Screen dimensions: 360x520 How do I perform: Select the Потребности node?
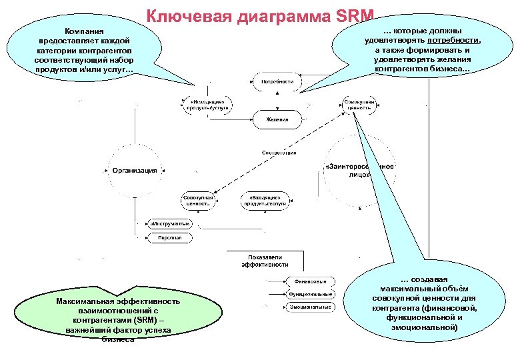click(x=277, y=82)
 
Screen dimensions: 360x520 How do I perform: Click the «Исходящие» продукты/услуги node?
click(x=207, y=105)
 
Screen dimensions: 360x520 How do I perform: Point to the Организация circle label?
click(x=135, y=171)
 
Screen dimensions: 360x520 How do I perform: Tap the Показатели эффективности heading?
click(x=265, y=260)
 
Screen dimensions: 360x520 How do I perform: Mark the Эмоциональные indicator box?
click(x=310, y=307)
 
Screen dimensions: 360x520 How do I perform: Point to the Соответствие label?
click(x=279, y=153)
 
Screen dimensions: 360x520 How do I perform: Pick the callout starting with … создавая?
click(x=433, y=303)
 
